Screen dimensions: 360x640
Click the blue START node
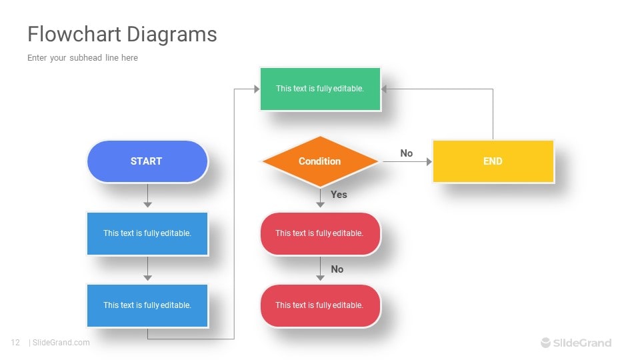(147, 161)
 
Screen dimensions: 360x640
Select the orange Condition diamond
(320, 161)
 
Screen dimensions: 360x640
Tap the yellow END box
(493, 161)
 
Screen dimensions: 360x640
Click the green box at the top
(320, 89)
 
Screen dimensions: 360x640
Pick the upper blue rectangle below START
(147, 233)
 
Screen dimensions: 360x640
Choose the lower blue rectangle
(147, 305)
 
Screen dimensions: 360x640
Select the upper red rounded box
(320, 233)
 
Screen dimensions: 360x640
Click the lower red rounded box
(320, 305)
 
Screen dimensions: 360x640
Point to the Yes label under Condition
(339, 195)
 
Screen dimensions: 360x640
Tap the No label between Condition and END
(407, 153)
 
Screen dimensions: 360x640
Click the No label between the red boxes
(337, 269)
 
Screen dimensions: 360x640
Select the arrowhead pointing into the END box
(429, 161)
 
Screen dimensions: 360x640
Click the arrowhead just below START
(147, 204)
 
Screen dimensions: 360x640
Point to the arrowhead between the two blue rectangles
(147, 277)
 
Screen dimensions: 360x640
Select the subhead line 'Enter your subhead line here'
(83, 58)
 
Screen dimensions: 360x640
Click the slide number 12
(15, 343)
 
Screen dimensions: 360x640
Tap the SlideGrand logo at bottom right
(576, 343)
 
